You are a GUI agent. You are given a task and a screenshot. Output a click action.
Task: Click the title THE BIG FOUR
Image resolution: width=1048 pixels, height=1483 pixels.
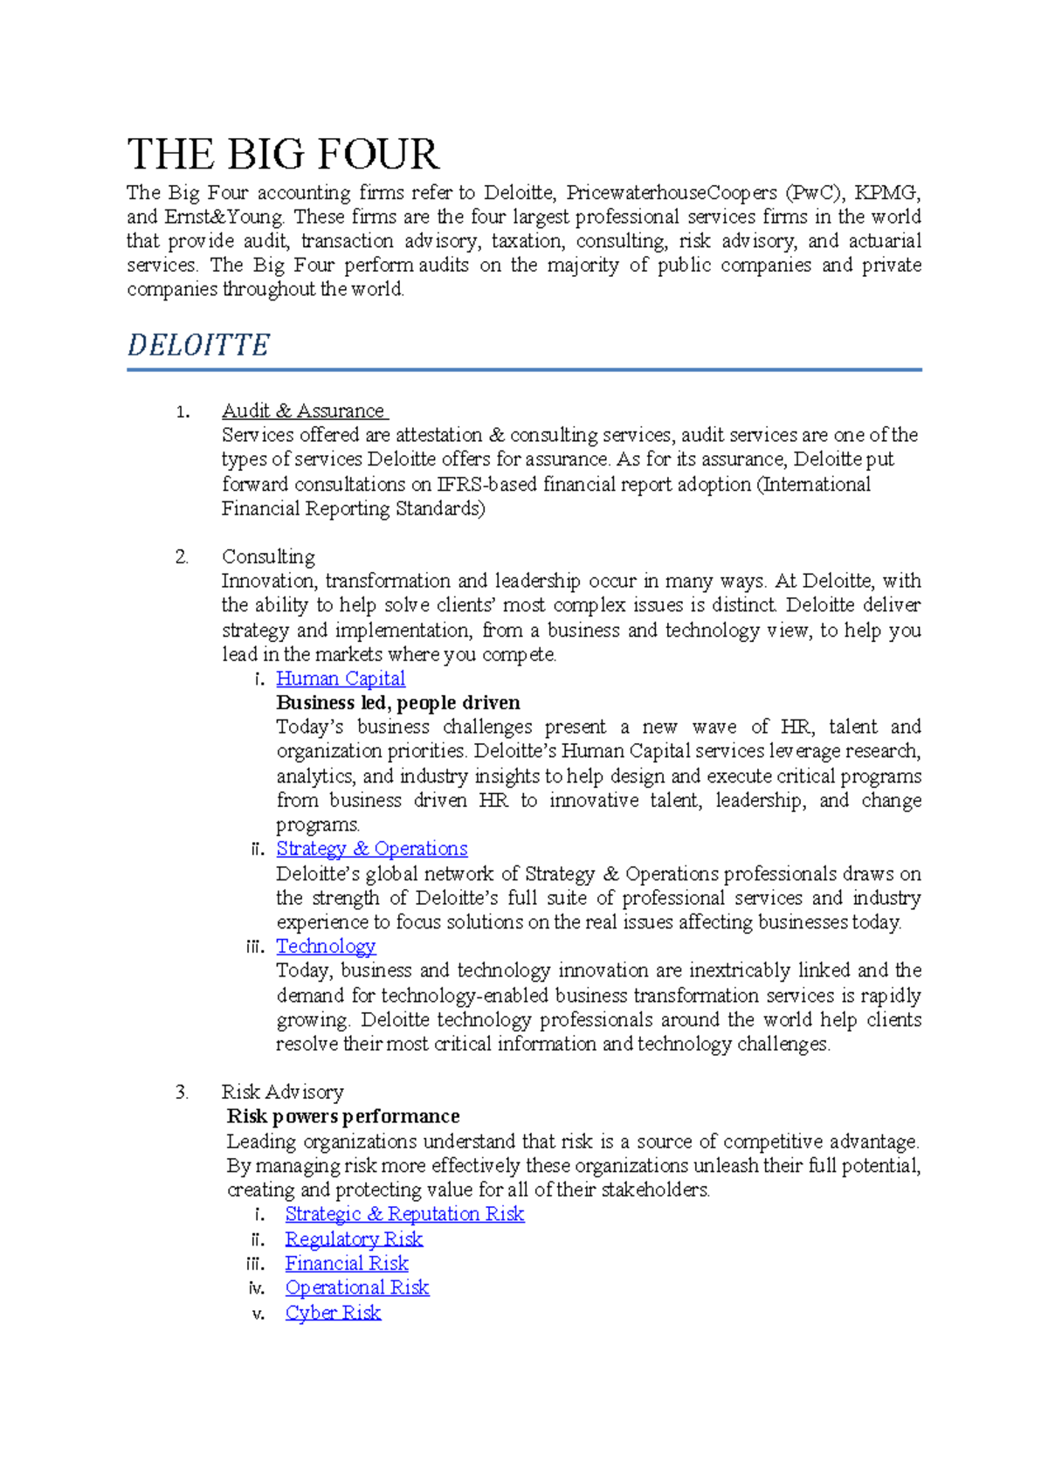(283, 155)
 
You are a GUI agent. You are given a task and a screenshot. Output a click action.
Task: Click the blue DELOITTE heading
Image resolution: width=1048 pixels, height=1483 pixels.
(198, 345)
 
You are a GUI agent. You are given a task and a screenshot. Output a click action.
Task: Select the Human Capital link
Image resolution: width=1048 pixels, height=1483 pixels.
(341, 679)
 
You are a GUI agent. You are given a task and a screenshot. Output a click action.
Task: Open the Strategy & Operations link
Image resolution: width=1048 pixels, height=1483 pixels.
(371, 849)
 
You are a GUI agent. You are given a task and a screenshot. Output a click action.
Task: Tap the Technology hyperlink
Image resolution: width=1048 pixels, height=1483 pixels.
(326, 947)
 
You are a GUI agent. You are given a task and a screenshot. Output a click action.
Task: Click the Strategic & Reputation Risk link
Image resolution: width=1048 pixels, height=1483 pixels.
(404, 1214)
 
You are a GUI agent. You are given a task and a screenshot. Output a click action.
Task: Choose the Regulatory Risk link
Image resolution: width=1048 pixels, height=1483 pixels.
(354, 1239)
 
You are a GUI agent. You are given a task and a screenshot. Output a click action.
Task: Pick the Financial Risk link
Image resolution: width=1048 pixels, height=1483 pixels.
(347, 1264)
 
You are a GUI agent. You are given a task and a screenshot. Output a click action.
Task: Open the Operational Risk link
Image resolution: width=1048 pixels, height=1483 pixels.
(357, 1288)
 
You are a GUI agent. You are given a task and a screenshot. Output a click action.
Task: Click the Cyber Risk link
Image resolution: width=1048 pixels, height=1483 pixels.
(333, 1313)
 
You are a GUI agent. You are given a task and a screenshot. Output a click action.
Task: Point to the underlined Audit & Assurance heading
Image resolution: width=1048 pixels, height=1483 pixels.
(303, 410)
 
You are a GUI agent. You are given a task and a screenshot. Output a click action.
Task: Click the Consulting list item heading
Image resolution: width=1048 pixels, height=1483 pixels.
(268, 556)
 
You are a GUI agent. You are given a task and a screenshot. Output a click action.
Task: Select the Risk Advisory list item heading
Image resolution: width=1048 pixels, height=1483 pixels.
(282, 1092)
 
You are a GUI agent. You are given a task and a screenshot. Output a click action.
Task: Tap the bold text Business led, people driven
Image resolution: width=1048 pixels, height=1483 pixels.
(397, 703)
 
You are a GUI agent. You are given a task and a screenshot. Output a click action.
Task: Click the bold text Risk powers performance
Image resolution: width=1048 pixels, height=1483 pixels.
(342, 1116)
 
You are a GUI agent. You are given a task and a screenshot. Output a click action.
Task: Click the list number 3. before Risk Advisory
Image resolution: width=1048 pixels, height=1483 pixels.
(182, 1092)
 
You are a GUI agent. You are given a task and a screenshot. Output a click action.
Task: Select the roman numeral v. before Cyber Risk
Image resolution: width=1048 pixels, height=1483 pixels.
(258, 1314)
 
